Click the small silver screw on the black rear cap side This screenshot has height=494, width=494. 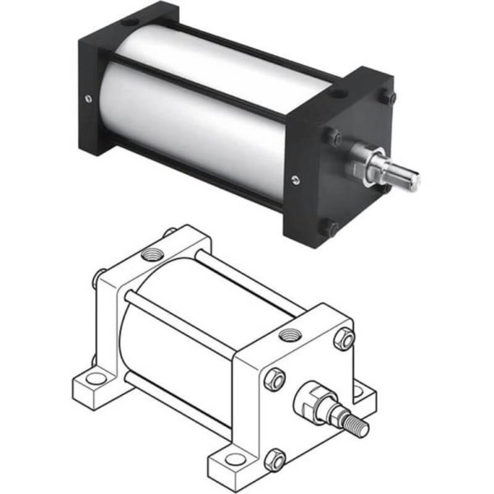tap(87, 100)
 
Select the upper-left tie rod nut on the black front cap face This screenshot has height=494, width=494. tap(333, 136)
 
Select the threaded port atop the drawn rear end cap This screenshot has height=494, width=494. tap(151, 255)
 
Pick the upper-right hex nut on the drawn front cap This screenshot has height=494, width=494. tap(344, 339)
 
